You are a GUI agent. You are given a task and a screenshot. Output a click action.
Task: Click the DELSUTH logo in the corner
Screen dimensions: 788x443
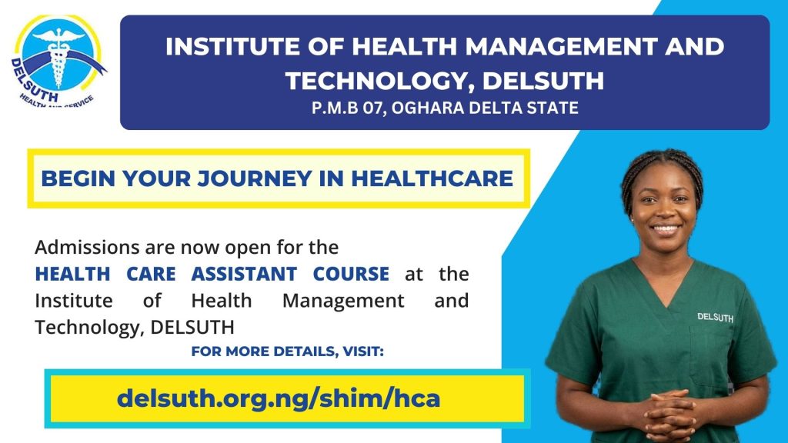pos(58,62)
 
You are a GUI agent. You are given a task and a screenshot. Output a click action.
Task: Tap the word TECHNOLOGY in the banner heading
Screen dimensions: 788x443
pos(379,81)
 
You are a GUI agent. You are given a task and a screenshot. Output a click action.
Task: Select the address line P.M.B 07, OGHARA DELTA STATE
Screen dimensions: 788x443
pos(445,108)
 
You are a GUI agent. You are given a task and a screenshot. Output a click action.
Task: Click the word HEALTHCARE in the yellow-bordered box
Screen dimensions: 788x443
pos(432,178)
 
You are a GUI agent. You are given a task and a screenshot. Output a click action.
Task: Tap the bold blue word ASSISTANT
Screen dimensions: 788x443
pos(244,275)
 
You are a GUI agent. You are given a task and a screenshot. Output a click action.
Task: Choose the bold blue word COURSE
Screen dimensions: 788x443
pos(351,275)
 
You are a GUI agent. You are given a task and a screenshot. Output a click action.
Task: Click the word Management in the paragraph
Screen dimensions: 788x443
pos(343,301)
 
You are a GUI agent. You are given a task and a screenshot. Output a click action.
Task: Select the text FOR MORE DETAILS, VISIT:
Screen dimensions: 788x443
pos(288,351)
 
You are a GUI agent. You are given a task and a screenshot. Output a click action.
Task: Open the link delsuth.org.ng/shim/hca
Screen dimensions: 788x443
pos(279,398)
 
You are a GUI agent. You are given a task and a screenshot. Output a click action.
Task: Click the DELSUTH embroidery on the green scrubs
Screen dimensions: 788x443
pos(715,318)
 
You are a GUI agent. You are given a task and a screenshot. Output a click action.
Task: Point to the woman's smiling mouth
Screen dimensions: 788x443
pos(666,229)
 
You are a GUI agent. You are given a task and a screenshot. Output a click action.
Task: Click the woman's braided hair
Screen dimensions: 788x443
pos(661,171)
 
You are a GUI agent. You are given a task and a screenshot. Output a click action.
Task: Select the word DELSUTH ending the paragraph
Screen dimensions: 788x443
pos(192,328)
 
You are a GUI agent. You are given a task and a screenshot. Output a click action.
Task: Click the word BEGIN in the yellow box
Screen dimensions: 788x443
pos(78,178)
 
